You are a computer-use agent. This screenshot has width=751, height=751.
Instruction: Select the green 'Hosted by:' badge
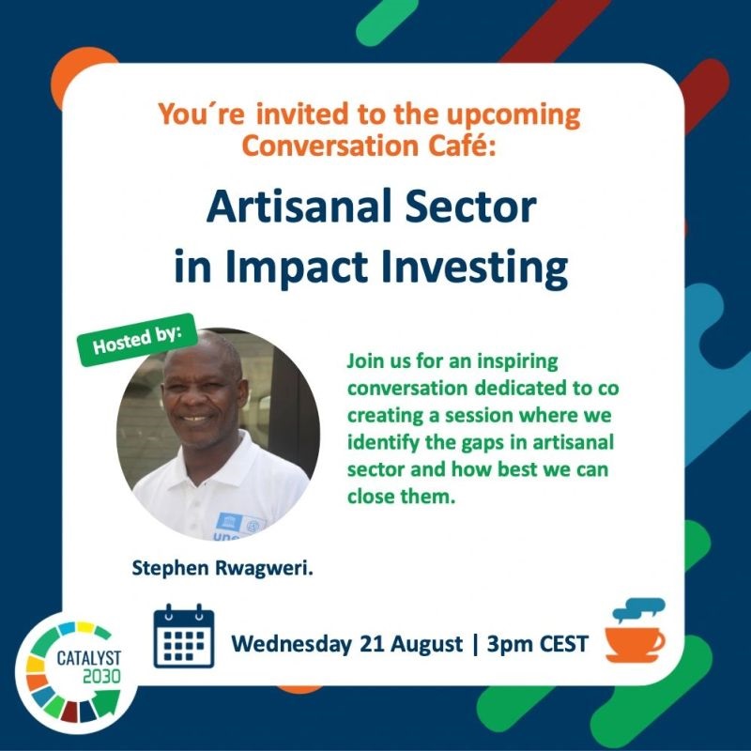pyautogui.click(x=138, y=340)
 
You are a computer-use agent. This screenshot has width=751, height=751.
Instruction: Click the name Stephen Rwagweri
pyautogui.click(x=222, y=569)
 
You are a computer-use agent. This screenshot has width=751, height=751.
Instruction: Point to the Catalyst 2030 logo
pyautogui.click(x=76, y=672)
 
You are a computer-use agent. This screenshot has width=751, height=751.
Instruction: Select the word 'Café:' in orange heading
pyautogui.click(x=462, y=146)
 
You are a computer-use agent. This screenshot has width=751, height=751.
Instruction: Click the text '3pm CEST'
pyautogui.click(x=537, y=644)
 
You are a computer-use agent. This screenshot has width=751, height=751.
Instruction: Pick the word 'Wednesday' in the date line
pyautogui.click(x=291, y=644)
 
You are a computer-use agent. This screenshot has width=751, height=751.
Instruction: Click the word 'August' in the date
pyautogui.click(x=427, y=645)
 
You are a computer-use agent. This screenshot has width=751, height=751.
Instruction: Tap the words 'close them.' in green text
pyautogui.click(x=401, y=497)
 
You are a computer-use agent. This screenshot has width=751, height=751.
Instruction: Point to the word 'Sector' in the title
pyautogui.click(x=471, y=207)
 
